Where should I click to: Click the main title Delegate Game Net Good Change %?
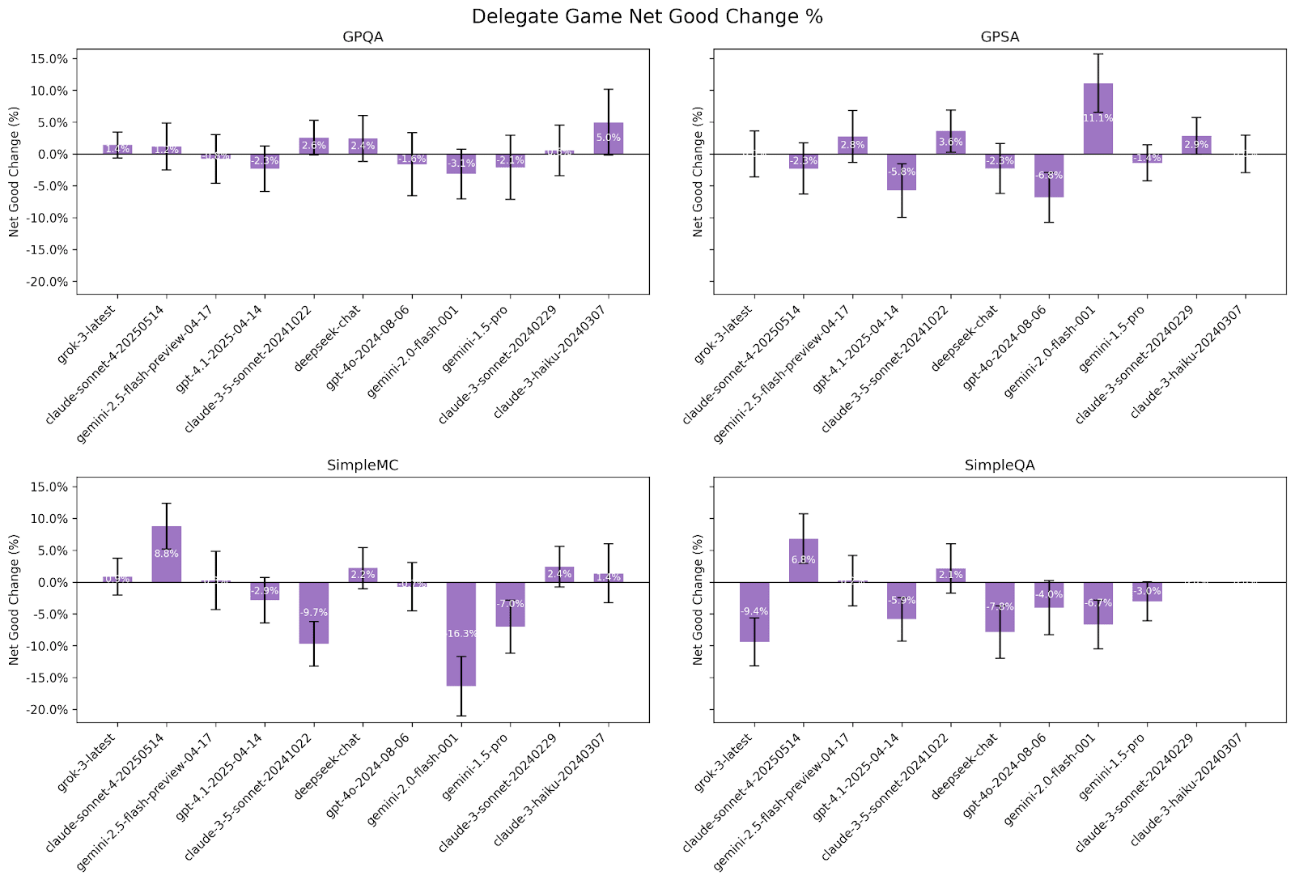click(x=647, y=16)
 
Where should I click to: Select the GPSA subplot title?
click(x=1000, y=37)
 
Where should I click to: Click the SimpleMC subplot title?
click(x=362, y=466)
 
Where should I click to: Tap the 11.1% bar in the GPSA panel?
click(x=1098, y=118)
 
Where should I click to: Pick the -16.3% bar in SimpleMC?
click(x=461, y=634)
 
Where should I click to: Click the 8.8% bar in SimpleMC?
click(x=166, y=554)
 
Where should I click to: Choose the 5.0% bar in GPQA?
click(x=609, y=138)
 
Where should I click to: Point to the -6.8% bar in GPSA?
click(x=1049, y=175)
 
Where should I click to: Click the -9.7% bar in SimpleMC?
click(x=313, y=613)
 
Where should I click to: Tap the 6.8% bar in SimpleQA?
click(x=804, y=560)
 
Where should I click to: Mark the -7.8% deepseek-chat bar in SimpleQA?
click(x=1000, y=606)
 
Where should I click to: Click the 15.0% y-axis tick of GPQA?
click(x=48, y=59)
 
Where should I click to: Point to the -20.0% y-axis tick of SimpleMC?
click(x=46, y=710)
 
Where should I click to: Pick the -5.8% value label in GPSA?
click(x=902, y=172)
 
